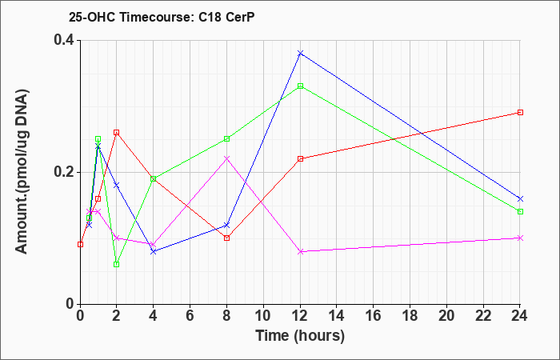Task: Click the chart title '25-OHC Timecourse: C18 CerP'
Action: click(162, 18)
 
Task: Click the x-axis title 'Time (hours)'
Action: click(300, 336)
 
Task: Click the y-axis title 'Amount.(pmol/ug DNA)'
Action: click(22, 172)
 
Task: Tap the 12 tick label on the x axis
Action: click(300, 315)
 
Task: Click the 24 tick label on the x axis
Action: click(520, 315)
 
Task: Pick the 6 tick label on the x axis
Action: click(190, 315)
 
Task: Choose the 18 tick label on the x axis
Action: click(410, 315)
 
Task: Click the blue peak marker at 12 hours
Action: click(300, 54)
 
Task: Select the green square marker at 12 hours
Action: click(300, 86)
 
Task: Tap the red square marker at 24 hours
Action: click(520, 113)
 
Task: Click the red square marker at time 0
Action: click(80, 244)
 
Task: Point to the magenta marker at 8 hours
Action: click(226, 158)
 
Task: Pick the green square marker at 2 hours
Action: click(117, 264)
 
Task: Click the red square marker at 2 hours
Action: click(117, 133)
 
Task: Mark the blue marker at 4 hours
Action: click(154, 251)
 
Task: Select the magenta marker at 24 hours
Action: click(520, 238)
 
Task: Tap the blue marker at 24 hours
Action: click(520, 198)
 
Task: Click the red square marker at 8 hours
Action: click(226, 238)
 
